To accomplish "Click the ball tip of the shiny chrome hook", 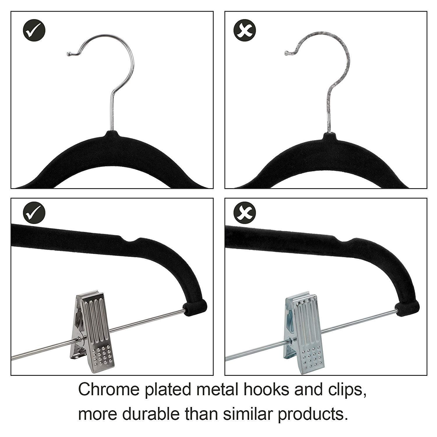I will (69, 54).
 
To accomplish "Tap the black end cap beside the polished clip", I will (195, 307).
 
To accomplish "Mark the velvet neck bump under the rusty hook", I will (329, 137).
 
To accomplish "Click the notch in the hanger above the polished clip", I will (131, 240).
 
